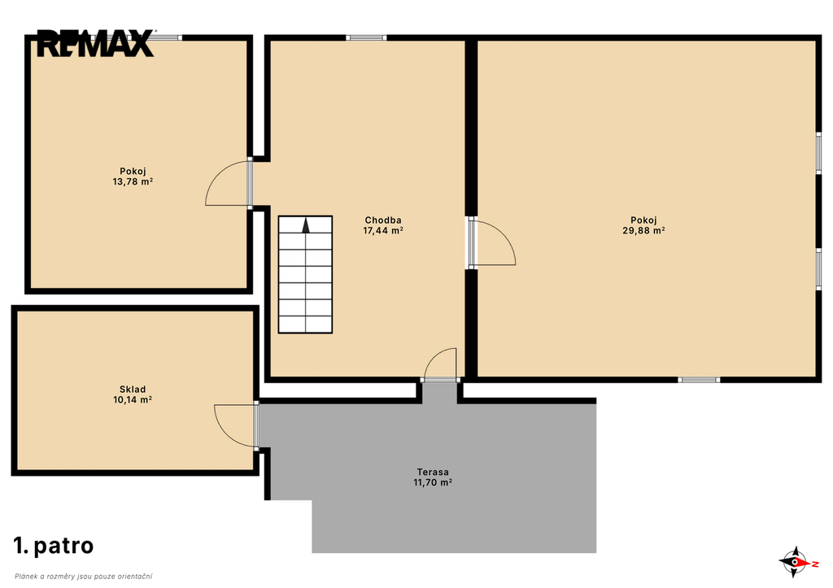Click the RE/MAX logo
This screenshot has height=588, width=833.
pyautogui.click(x=96, y=43)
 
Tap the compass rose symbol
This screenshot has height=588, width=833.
pyautogui.click(x=796, y=562)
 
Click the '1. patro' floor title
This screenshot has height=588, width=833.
pyautogui.click(x=54, y=546)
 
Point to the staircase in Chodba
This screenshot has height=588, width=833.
pyautogui.click(x=306, y=275)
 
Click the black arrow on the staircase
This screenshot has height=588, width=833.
pyautogui.click(x=306, y=225)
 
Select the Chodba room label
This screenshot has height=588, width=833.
pyautogui.click(x=383, y=220)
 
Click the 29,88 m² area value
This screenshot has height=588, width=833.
pyautogui.click(x=643, y=230)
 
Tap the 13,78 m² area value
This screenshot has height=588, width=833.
pyautogui.click(x=133, y=181)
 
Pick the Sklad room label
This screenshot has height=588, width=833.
pyautogui.click(x=133, y=390)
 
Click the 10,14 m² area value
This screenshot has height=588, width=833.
pyautogui.click(x=133, y=400)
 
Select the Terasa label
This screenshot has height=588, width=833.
pyautogui.click(x=433, y=472)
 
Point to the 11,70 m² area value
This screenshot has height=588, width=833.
pyautogui.click(x=433, y=482)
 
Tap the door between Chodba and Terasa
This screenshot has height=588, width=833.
pyautogui.click(x=440, y=364)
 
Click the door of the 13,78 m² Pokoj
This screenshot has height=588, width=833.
pyautogui.click(x=228, y=183)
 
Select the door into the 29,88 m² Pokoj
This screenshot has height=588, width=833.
pyautogui.click(x=493, y=242)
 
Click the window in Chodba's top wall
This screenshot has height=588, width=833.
pyautogui.click(x=367, y=37)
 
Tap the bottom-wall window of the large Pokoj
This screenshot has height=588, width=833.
pyautogui.click(x=699, y=380)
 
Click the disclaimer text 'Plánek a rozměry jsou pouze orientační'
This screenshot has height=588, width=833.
pyautogui.click(x=84, y=577)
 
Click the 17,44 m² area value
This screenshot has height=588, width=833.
pyautogui.click(x=383, y=230)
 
